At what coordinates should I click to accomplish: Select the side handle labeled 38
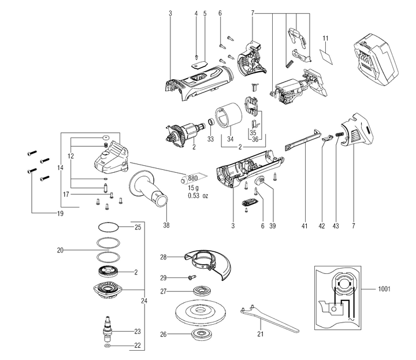click(x=152, y=187)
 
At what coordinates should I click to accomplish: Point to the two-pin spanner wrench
click(x=268, y=318)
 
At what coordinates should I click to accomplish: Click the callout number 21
click(x=260, y=334)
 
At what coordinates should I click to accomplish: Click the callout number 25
click(x=138, y=227)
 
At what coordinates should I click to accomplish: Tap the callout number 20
click(x=61, y=251)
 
